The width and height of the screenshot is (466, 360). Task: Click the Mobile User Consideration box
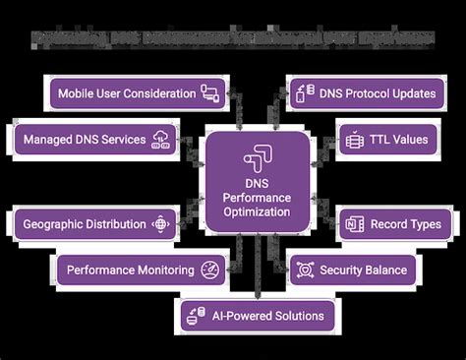[138, 94]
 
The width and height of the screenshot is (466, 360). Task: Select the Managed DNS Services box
[94, 140]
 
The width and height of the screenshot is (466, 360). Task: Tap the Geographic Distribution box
[94, 223]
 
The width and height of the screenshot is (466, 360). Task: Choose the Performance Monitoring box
[138, 269]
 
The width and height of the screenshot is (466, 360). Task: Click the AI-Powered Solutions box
[257, 317]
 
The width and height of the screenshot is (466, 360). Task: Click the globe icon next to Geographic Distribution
[161, 223]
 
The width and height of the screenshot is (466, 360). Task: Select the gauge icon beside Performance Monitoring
[209, 269]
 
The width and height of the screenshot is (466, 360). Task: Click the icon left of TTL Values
[355, 140]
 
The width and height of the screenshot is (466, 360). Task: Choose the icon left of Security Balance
[306, 269]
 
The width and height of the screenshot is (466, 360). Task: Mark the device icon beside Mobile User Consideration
[208, 94]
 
